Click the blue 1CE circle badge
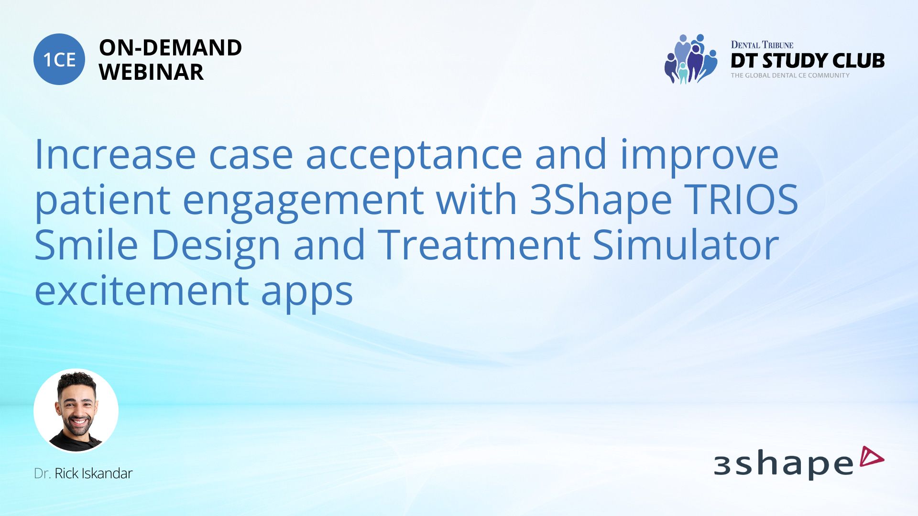pyautogui.click(x=59, y=59)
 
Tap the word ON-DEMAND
pyautogui.click(x=170, y=47)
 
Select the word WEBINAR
pyautogui.click(x=151, y=72)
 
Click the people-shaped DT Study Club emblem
pyautogui.click(x=691, y=59)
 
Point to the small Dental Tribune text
pyautogui.click(x=762, y=44)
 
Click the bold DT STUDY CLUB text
pyautogui.click(x=808, y=61)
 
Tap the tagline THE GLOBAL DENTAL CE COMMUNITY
pyautogui.click(x=790, y=75)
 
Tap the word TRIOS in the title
pyautogui.click(x=742, y=199)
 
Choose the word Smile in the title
pyautogui.click(x=86, y=244)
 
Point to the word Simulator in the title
pyautogui.click(x=686, y=245)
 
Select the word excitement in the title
pyautogui.click(x=142, y=290)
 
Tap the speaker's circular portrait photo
pyautogui.click(x=76, y=411)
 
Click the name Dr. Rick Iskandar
pyautogui.click(x=83, y=473)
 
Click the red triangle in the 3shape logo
pyautogui.click(x=871, y=457)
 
